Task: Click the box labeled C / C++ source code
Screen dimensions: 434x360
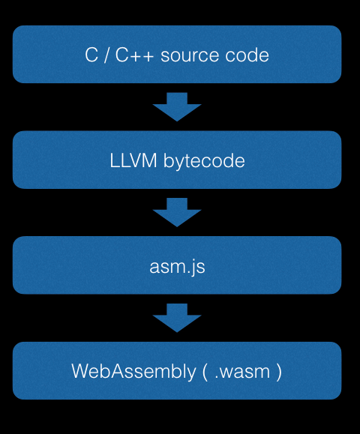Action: coord(177,54)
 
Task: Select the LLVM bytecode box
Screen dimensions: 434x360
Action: coord(177,160)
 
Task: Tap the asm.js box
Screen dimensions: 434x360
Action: coord(177,265)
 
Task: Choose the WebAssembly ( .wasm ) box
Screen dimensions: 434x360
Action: coord(177,371)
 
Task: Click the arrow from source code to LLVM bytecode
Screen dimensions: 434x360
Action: coord(177,106)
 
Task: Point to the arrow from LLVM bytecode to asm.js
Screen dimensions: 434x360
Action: coord(177,212)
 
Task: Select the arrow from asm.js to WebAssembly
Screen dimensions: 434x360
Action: coord(177,318)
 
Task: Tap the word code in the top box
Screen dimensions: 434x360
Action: coord(250,55)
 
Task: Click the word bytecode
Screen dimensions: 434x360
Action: coord(204,161)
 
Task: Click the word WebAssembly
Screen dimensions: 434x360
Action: coord(132,372)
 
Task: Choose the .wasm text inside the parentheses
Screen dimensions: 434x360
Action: coord(241,372)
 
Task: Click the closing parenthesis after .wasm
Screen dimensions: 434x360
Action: coord(278,372)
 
